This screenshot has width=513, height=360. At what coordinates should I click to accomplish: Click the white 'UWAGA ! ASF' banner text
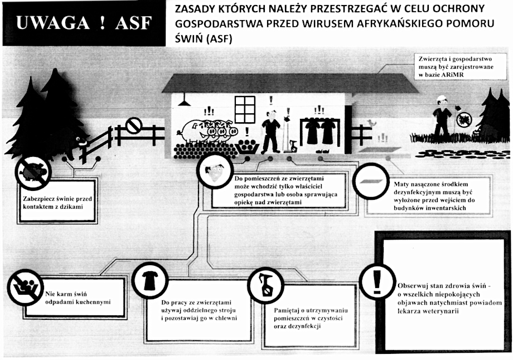click(x=84, y=23)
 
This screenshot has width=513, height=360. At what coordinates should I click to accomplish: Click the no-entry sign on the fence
click(x=134, y=126)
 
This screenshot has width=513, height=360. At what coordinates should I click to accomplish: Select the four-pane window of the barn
click(x=245, y=109)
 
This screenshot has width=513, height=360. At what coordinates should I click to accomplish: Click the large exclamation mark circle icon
click(x=378, y=282)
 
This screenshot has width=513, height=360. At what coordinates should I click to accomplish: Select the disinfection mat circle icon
click(x=371, y=181)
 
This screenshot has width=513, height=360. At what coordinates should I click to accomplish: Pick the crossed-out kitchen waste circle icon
click(x=25, y=287)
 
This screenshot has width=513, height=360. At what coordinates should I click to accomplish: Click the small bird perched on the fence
click(x=372, y=123)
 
